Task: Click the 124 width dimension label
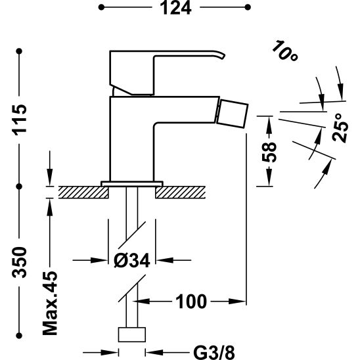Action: coord(175,8)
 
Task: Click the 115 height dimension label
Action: coord(20,120)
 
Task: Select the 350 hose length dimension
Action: coord(20,262)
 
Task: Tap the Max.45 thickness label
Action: coord(50,304)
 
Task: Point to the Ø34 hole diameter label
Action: coord(132,261)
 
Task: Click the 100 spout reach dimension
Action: coord(191,302)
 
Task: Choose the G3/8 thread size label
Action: coord(214,353)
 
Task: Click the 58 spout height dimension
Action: coord(269,152)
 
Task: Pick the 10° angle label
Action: coord(285,51)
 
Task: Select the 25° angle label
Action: coord(340,128)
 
